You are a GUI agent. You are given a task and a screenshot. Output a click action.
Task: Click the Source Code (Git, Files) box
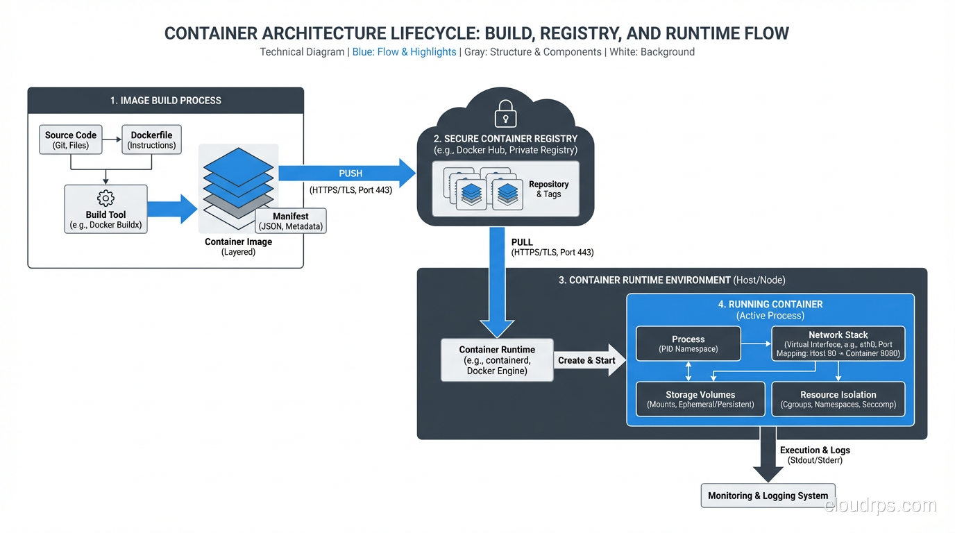pyautogui.click(x=70, y=140)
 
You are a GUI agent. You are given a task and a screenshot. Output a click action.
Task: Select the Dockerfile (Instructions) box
pyautogui.click(x=151, y=140)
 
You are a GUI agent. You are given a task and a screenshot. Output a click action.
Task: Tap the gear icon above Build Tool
pyautogui.click(x=106, y=198)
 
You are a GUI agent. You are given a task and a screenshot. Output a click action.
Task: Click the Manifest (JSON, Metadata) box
pyautogui.click(x=291, y=221)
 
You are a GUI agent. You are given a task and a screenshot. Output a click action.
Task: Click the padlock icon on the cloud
pyautogui.click(x=505, y=113)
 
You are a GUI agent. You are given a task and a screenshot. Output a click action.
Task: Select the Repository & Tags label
pyautogui.click(x=548, y=189)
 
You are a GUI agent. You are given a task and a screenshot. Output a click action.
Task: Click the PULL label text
pyautogui.click(x=522, y=242)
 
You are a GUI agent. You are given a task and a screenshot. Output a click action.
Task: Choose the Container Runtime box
pyautogui.click(x=497, y=360)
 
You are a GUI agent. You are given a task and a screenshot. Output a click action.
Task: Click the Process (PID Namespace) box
pyautogui.click(x=688, y=344)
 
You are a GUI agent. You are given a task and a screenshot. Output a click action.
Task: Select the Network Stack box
pyautogui.click(x=838, y=344)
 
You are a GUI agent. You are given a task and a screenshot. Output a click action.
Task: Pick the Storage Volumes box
pyautogui.click(x=700, y=399)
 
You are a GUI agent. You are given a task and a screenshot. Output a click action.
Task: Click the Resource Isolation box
pyautogui.click(x=838, y=399)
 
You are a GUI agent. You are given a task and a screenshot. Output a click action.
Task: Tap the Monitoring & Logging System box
pyautogui.click(x=768, y=496)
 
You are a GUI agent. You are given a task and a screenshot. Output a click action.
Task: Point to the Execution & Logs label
pyautogui.click(x=815, y=450)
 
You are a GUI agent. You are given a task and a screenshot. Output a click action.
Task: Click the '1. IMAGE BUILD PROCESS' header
pyautogui.click(x=165, y=101)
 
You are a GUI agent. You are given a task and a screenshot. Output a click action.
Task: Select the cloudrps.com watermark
pyautogui.click(x=880, y=506)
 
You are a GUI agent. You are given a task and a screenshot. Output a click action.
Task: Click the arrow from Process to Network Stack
pyautogui.click(x=756, y=344)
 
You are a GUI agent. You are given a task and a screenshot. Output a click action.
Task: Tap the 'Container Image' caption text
pyautogui.click(x=238, y=242)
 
